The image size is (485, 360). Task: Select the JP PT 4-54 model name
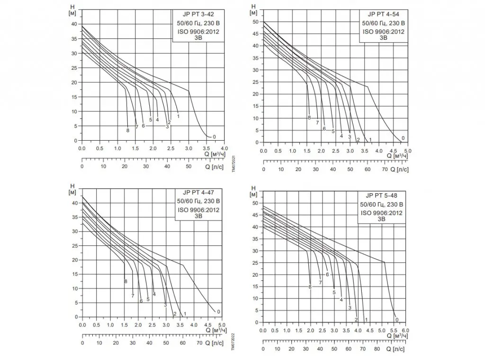click(382, 14)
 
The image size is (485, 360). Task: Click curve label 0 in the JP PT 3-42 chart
click(215, 137)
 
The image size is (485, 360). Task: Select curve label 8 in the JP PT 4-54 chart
click(309, 117)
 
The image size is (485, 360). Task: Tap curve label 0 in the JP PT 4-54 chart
click(403, 138)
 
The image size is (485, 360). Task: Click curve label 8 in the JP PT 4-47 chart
click(126, 281)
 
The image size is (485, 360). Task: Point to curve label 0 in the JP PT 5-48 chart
click(397, 320)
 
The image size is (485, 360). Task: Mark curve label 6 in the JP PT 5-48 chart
click(327, 275)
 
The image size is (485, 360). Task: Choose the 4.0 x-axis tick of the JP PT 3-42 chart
click(225, 148)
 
